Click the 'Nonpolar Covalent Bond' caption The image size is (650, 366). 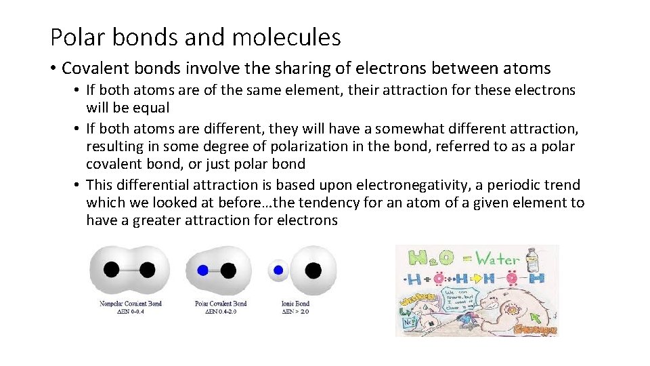point(131,304)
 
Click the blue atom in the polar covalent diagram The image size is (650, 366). point(202,270)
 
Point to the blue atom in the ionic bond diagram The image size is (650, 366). point(278,270)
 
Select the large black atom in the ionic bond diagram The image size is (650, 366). point(313,270)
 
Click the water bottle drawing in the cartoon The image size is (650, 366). point(533,258)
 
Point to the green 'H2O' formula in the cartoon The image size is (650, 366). point(429,258)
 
